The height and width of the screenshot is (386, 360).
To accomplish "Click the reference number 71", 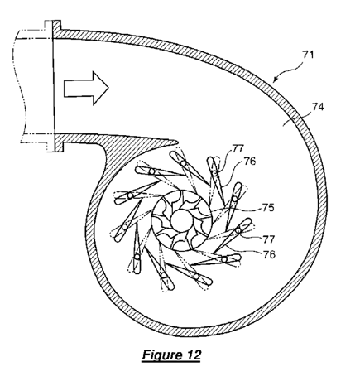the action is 308,55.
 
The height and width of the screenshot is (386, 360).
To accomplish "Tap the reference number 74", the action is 318,107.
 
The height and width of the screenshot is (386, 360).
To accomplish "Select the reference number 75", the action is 268,208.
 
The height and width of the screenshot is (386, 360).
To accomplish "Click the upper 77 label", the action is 238,149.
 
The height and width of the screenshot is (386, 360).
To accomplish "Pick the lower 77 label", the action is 269,239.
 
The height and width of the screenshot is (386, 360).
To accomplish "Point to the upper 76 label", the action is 250,162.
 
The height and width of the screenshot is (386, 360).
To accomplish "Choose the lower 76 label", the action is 269,254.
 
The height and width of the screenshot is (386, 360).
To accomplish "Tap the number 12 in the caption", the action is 194,355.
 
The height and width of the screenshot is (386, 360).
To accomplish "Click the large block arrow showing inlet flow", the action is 86,89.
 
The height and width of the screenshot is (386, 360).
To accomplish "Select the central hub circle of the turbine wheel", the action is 182,220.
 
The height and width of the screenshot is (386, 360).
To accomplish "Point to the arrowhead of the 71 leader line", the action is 274,80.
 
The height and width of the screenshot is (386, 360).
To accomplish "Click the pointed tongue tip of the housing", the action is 177,142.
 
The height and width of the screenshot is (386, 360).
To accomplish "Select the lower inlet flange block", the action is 59,142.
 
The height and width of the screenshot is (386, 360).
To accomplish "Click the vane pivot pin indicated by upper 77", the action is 214,173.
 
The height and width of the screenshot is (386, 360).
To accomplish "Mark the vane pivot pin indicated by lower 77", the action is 238,230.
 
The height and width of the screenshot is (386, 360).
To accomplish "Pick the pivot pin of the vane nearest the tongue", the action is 183,163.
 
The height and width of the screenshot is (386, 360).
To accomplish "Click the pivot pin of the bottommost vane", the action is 164,275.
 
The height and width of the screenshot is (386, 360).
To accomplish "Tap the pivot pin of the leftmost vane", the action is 130,195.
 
